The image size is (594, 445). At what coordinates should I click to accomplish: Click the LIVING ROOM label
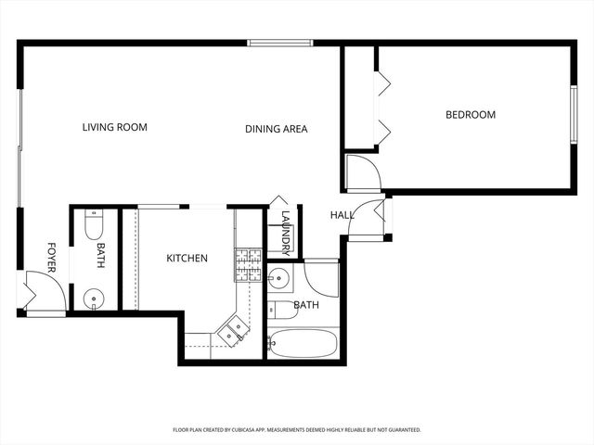click(x=114, y=127)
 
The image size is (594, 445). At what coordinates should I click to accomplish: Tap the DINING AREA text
click(x=276, y=129)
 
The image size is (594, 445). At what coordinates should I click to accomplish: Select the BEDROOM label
click(x=471, y=115)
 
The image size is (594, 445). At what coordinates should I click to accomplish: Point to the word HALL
click(x=342, y=215)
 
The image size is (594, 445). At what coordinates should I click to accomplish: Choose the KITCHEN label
click(x=187, y=258)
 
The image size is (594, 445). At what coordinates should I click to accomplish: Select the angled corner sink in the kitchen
click(x=234, y=328)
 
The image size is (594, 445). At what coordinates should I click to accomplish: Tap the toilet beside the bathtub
click(x=277, y=310)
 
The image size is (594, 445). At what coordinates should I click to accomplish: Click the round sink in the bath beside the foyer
click(x=93, y=298)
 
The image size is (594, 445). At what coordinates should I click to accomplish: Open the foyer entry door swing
click(x=41, y=289)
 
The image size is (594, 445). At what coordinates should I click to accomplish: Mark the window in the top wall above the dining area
click(x=279, y=42)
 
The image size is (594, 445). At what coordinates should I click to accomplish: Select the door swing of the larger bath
click(x=321, y=275)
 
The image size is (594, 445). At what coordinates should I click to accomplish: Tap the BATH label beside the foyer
click(x=101, y=255)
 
